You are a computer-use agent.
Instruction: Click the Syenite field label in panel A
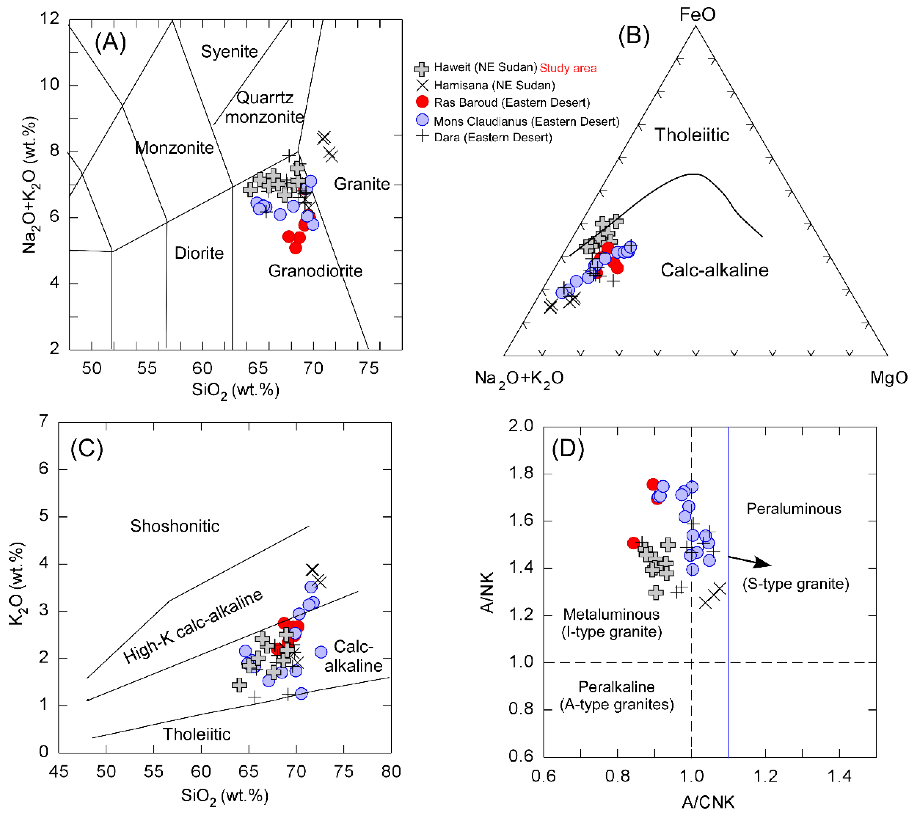[x=229, y=52]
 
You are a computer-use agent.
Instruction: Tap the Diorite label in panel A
[x=199, y=253]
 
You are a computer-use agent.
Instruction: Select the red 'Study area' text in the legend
[x=568, y=68]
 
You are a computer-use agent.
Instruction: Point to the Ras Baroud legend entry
[x=511, y=103]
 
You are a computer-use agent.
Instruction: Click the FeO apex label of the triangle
[x=697, y=15]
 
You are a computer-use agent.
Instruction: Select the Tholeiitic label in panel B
[x=692, y=135]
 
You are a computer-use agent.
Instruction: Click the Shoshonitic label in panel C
[x=175, y=526]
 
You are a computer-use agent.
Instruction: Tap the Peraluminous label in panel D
[x=793, y=509]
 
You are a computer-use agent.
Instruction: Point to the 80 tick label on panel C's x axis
[x=391, y=772]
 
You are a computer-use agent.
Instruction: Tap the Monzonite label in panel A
[x=174, y=148]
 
